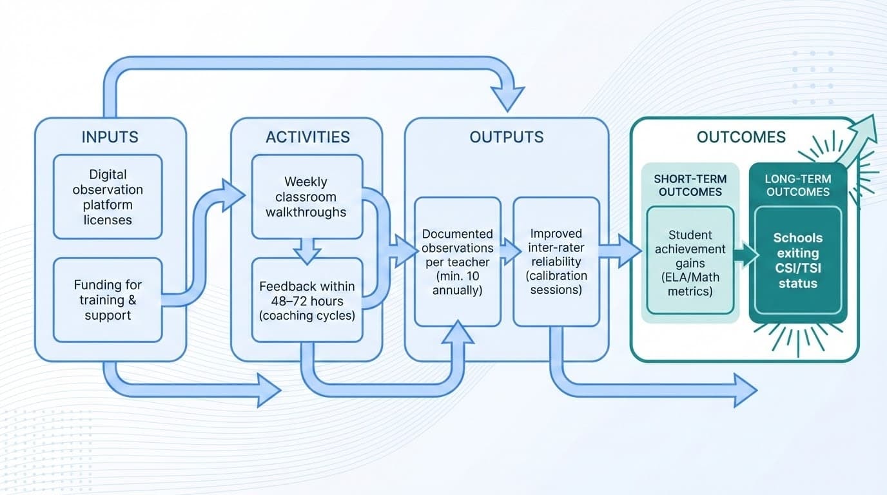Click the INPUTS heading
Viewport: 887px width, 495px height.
point(110,137)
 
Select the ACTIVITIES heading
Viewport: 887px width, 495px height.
point(307,137)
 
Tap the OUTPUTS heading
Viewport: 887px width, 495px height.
point(506,137)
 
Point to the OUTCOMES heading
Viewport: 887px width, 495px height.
point(741,137)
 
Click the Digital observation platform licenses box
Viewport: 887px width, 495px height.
point(108,197)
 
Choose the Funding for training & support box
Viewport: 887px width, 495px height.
point(108,300)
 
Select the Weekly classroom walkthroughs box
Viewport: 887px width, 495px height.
point(306,197)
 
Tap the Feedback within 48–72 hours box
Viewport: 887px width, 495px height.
point(306,300)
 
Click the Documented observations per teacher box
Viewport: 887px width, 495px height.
point(457,261)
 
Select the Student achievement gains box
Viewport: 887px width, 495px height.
point(690,260)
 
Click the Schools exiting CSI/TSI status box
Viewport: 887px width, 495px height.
point(797,260)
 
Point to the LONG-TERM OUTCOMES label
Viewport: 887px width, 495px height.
point(797,185)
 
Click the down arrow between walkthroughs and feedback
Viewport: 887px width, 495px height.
point(307,250)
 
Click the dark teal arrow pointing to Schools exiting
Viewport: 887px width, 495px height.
point(745,254)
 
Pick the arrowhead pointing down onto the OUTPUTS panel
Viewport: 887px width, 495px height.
point(506,97)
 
